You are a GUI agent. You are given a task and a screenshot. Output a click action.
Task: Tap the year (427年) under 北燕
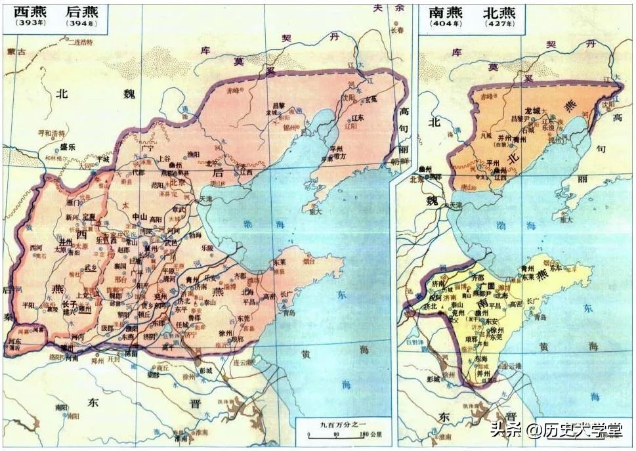click(x=499, y=24)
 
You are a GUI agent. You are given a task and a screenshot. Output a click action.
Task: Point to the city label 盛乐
click(x=68, y=147)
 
